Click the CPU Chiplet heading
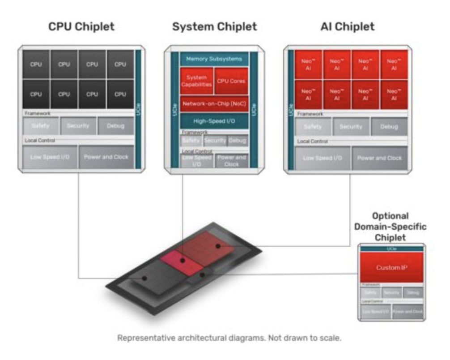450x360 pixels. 81,27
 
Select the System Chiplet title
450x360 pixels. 215,27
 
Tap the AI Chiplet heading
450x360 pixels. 348,27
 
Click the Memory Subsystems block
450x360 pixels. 214,59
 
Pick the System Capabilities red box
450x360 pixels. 196,81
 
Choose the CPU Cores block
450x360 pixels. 231,81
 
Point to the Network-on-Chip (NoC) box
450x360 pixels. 214,103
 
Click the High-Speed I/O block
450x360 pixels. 214,121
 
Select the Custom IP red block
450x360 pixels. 391,267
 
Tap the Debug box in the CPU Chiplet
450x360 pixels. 115,126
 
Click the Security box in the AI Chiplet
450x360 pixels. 351,127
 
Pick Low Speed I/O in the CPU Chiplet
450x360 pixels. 50,157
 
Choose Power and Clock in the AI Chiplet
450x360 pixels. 379,158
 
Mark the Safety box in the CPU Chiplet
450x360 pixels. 40,126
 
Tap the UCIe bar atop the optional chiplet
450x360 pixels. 391,249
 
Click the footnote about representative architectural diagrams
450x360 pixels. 229,338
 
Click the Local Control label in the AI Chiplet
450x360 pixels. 313,141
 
